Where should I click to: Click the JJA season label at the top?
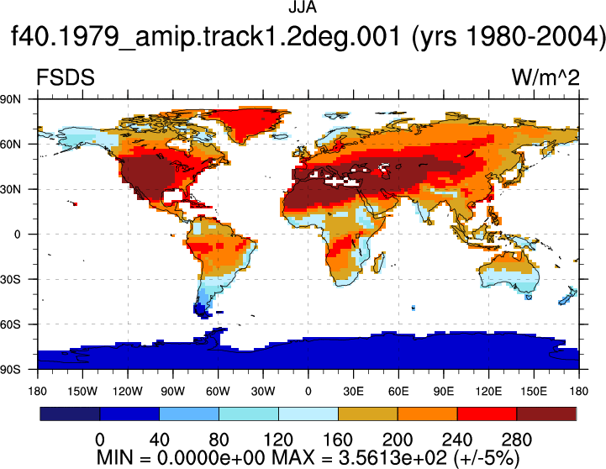(x=303, y=8)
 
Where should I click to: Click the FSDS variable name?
(x=66, y=77)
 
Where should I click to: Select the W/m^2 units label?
(x=545, y=77)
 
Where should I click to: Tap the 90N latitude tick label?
(x=10, y=99)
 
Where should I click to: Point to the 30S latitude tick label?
(x=10, y=279)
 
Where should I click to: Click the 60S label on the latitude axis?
(x=10, y=324)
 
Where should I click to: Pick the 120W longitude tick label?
(x=128, y=392)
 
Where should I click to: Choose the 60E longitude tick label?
(x=398, y=392)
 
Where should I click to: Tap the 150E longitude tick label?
(x=534, y=392)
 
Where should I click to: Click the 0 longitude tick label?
(x=308, y=392)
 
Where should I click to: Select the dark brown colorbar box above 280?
(x=546, y=414)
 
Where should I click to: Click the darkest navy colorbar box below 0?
(x=70, y=414)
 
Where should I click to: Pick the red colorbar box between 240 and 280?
(x=487, y=414)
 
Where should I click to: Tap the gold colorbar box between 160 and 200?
(x=368, y=414)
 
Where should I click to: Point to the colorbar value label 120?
(x=278, y=440)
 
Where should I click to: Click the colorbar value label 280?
(x=517, y=440)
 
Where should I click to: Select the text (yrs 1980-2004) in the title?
(x=508, y=38)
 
